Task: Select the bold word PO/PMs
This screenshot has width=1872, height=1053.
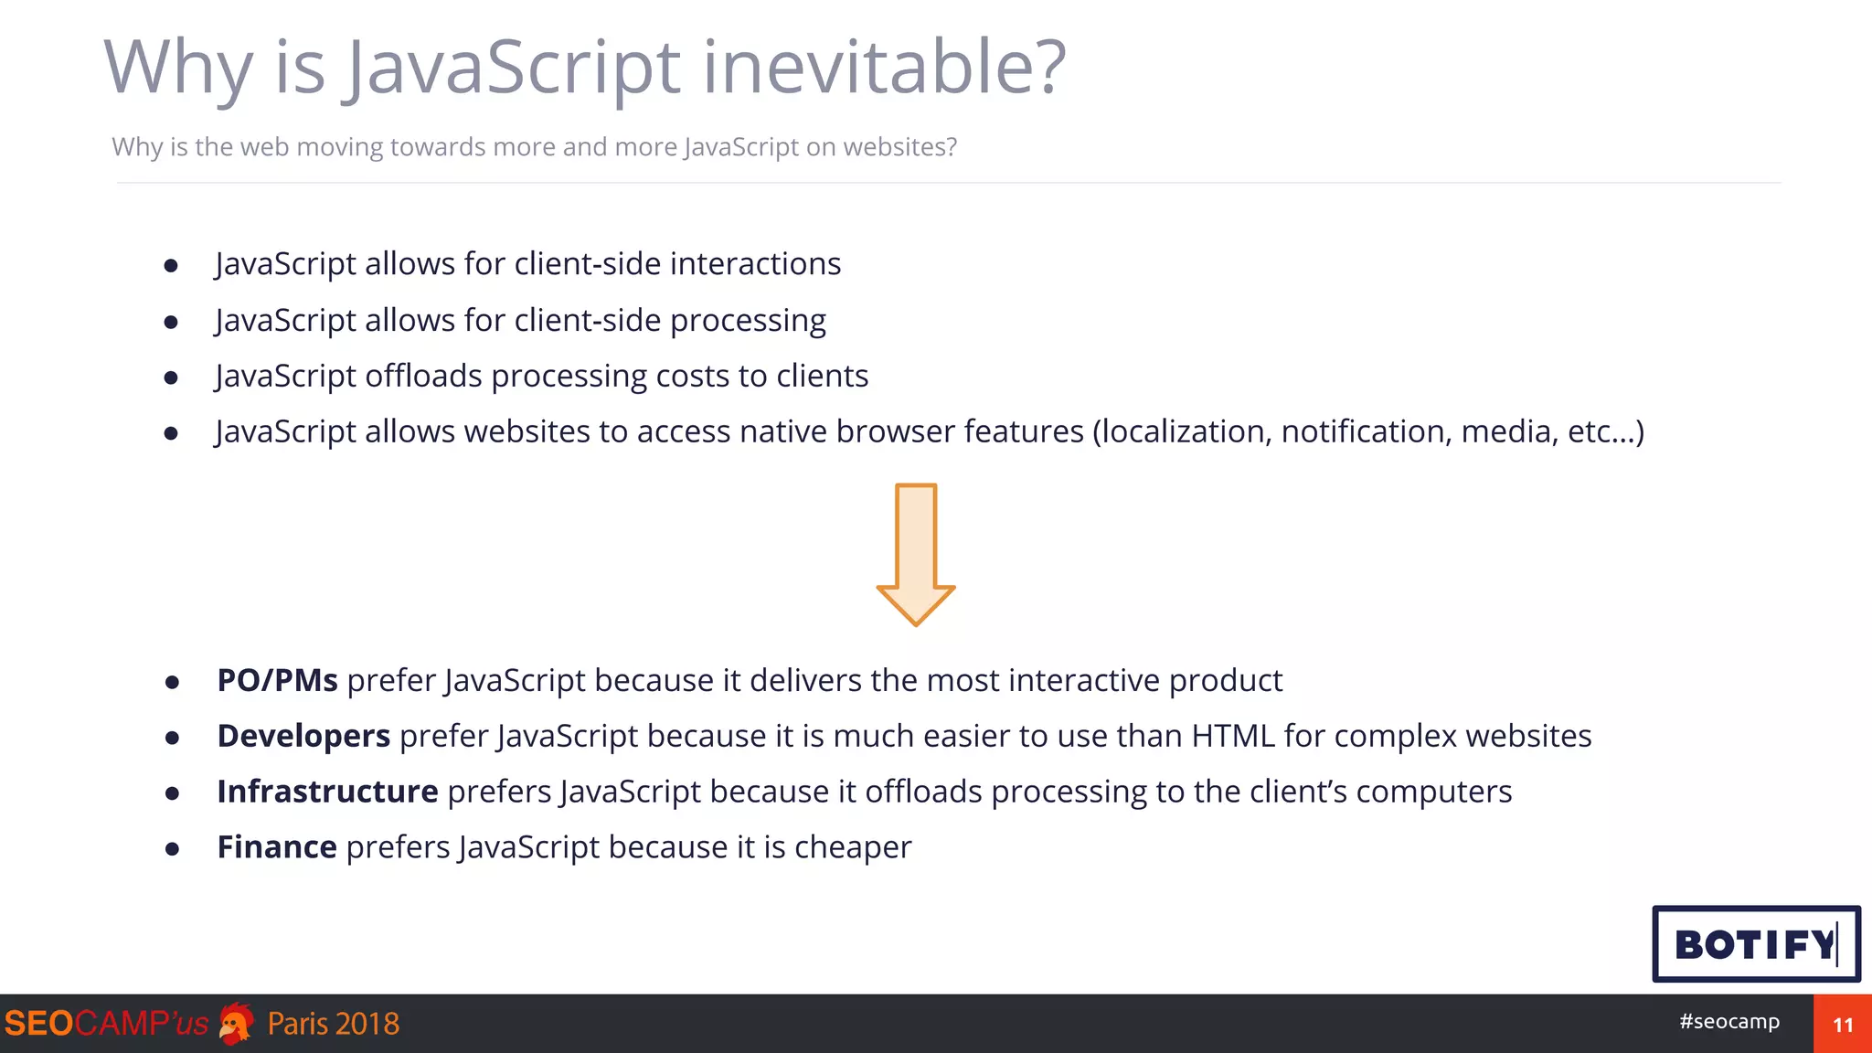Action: point(277,680)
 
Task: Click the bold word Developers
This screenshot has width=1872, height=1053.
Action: point(303,736)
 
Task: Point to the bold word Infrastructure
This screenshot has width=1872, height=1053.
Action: point(327,792)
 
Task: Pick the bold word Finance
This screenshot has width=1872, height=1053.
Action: point(277,847)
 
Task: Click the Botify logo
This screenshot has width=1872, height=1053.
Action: point(1755,944)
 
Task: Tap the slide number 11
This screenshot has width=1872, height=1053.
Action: point(1843,1025)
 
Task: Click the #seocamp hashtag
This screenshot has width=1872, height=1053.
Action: point(1729,1021)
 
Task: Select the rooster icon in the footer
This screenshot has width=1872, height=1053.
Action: point(237,1024)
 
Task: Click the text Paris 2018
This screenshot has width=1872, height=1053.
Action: point(334,1024)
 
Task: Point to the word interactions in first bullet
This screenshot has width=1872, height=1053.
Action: point(755,263)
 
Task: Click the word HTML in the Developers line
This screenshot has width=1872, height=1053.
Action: point(1233,736)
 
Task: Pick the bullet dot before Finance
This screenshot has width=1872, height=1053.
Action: point(172,849)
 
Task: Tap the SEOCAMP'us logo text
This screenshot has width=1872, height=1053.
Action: point(106,1024)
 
